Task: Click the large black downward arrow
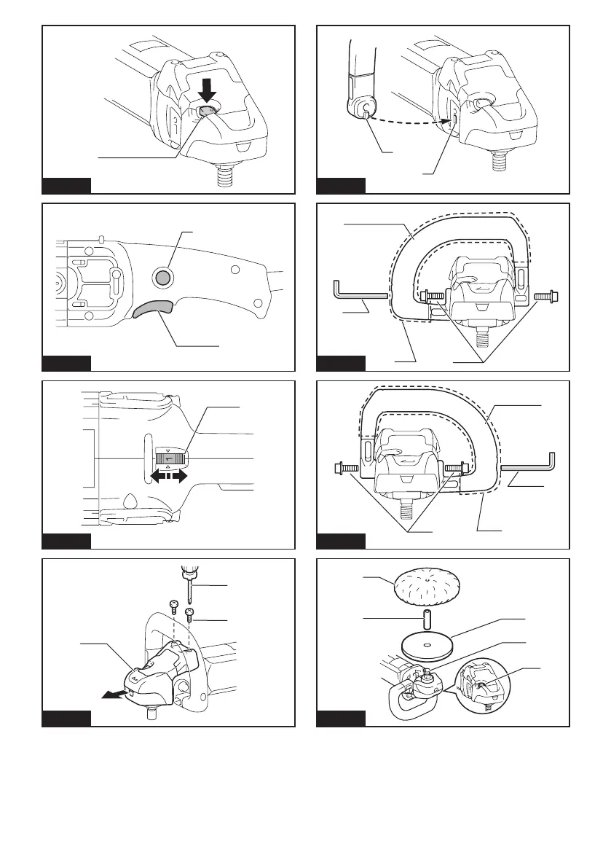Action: (x=208, y=90)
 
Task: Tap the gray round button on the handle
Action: (x=165, y=276)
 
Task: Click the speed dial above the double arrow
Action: (x=169, y=458)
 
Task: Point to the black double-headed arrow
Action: (x=168, y=476)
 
